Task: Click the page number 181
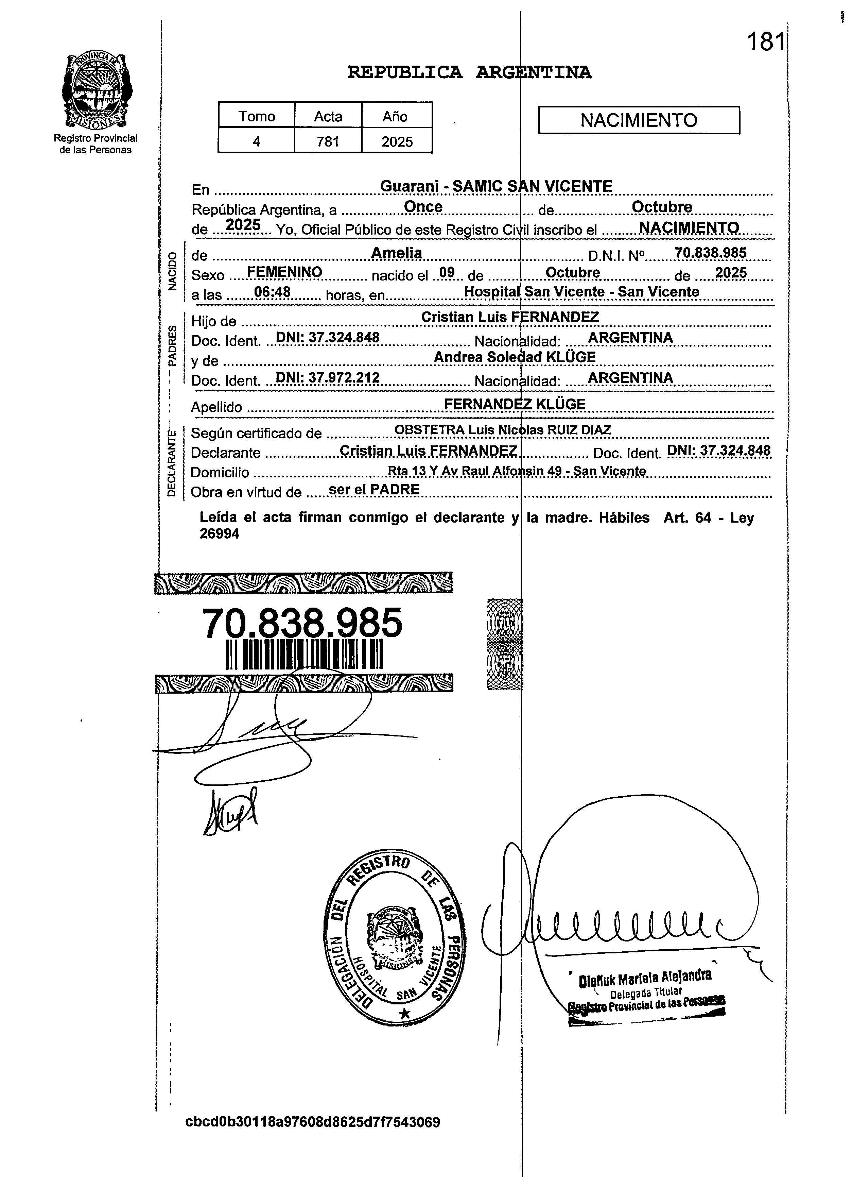point(766,41)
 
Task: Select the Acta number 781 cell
point(328,141)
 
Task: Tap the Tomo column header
point(257,116)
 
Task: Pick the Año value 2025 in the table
point(397,141)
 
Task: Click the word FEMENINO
point(284,272)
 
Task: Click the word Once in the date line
point(423,207)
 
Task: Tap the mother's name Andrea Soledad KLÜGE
point(515,357)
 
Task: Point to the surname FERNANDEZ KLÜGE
point(515,404)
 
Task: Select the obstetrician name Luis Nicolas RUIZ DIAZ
point(539,430)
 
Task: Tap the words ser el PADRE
point(374,489)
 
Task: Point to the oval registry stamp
point(395,941)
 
